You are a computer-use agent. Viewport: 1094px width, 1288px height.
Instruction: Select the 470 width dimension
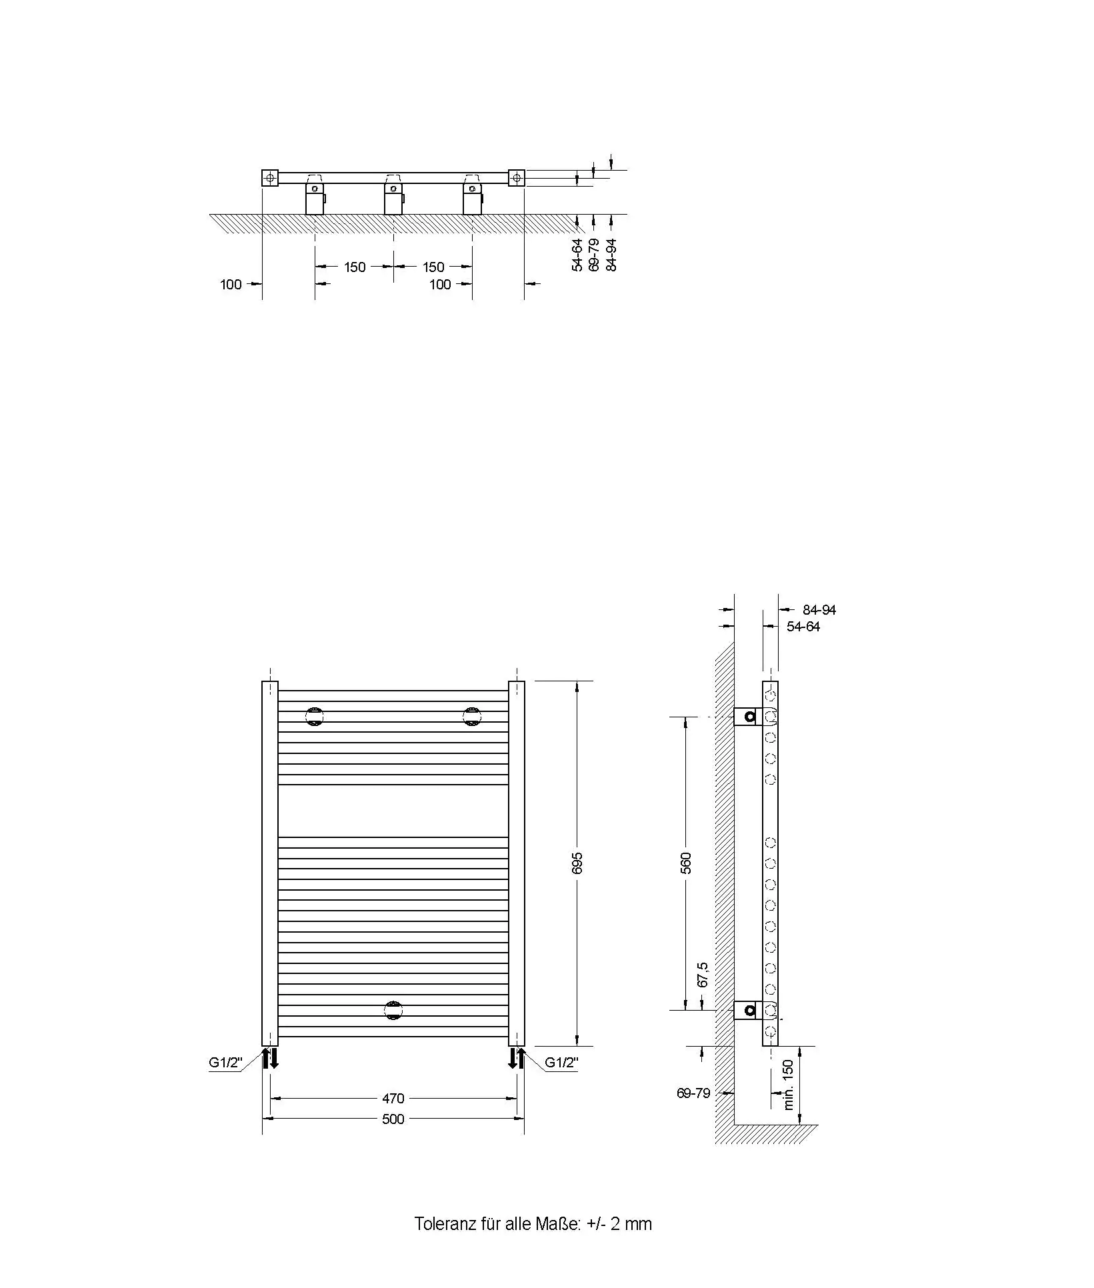coord(393,1098)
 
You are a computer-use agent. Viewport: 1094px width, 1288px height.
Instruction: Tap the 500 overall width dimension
coord(393,1119)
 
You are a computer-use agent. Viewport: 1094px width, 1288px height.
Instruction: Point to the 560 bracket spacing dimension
coord(686,863)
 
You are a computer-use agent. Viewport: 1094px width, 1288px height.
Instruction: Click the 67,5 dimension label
coord(702,974)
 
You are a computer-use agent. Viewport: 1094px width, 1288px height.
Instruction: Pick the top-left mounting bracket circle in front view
coord(314,717)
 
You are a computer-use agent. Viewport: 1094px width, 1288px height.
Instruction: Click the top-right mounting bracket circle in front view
coord(472,717)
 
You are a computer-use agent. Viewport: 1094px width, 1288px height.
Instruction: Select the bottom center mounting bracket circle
coord(393,1010)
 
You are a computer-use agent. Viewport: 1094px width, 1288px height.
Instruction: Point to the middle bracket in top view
coord(393,195)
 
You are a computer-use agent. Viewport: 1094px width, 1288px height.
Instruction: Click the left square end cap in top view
coord(269,178)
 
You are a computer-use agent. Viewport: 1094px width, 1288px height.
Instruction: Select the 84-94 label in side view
coord(819,609)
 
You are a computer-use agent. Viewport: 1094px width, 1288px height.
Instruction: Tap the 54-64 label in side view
coord(803,627)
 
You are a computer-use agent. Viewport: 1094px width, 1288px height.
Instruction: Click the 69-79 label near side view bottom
coord(693,1093)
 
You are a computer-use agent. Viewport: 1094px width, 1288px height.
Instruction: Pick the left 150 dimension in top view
coord(355,267)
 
